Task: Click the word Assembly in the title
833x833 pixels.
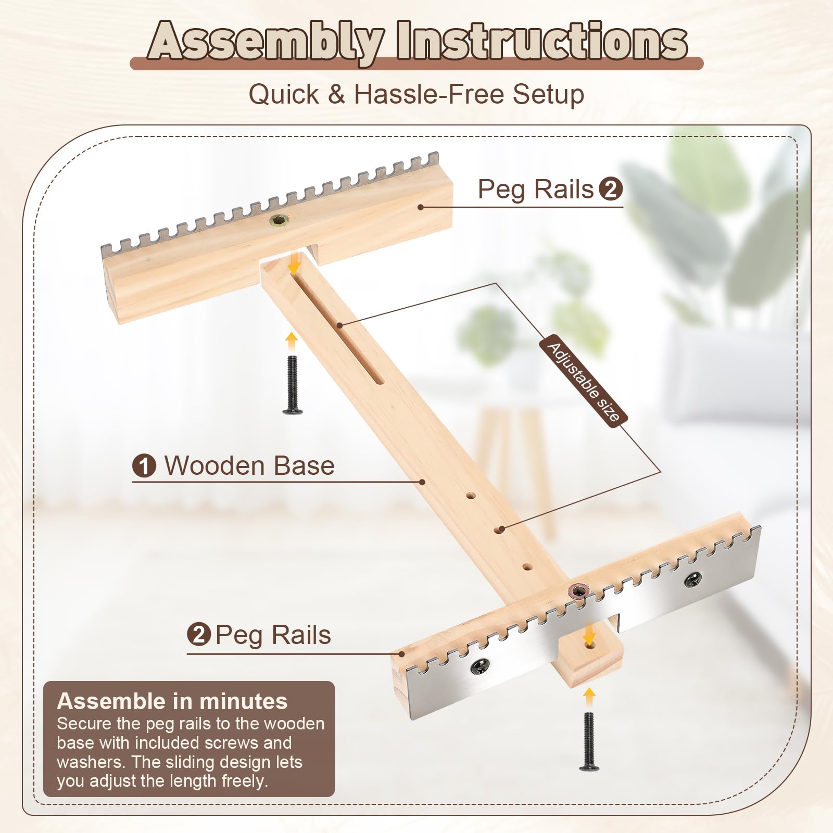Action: [x=266, y=42]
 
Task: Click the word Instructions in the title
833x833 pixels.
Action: [x=542, y=41]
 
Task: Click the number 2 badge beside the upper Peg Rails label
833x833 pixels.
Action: [x=611, y=189]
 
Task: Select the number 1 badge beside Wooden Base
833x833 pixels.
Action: [x=144, y=465]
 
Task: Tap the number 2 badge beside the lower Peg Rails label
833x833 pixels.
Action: [x=199, y=635]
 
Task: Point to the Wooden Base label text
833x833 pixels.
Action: [x=249, y=465]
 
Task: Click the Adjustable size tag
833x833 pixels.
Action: [x=584, y=381]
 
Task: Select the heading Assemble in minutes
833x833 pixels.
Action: [x=172, y=701]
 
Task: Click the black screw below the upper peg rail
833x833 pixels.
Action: [x=292, y=385]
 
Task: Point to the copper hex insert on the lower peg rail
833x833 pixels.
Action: [x=579, y=590]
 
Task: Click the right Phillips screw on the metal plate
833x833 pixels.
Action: [x=694, y=578]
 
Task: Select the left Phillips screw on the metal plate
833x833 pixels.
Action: [x=480, y=665]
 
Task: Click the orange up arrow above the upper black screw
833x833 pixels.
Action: [x=292, y=342]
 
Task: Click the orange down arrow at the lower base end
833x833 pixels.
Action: [x=589, y=634]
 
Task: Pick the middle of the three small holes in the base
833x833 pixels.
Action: [x=500, y=530]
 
